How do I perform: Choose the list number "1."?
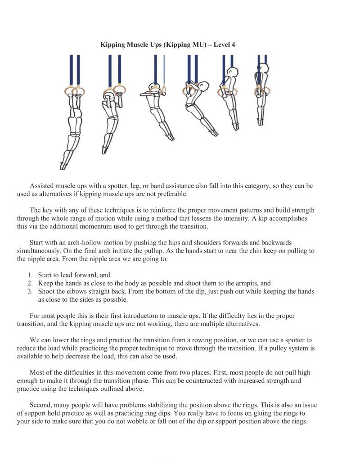point(30,275)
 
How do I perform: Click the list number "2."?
point(30,283)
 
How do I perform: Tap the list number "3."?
point(30,292)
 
